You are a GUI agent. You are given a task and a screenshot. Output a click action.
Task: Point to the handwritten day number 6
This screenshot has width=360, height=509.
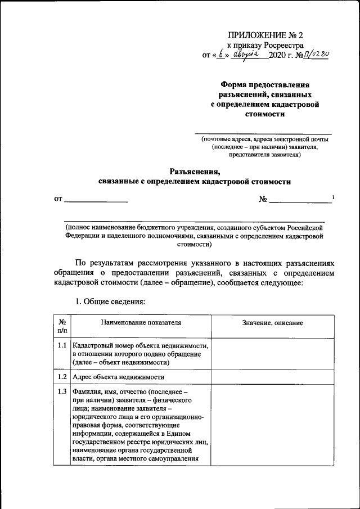pos(222,55)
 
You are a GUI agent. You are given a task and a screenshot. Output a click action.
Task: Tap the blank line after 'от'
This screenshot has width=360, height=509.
pos(96,200)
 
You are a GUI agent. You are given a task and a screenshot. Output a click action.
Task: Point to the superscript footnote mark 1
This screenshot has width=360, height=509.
pos(333,196)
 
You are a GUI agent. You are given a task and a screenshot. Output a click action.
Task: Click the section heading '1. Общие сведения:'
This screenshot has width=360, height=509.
pos(110,301)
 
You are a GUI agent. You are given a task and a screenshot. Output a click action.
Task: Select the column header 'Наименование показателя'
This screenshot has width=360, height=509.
pos(141,323)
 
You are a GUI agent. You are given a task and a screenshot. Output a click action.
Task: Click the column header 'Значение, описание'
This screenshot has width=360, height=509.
pos(272,323)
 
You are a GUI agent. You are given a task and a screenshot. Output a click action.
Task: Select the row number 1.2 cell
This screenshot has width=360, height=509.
pos(62,377)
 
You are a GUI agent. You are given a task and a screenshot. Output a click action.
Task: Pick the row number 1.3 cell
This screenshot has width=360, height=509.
pos(62,391)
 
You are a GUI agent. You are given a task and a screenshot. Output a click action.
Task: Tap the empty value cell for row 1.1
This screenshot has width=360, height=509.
pos(272,354)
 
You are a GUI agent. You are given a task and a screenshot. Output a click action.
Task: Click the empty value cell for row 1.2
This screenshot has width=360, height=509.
pos(272,377)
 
